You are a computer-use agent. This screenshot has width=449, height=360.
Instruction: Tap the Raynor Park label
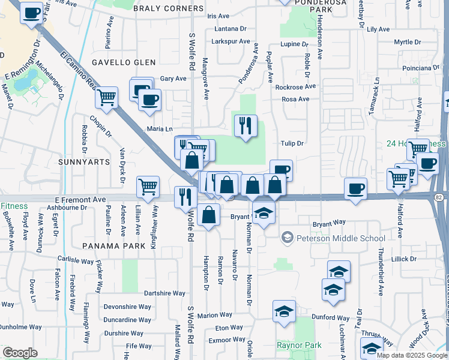coord(298,345)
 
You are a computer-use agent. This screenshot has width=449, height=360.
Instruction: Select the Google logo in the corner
coord(20,352)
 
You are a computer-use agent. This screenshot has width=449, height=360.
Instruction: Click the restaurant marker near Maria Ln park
coord(245,126)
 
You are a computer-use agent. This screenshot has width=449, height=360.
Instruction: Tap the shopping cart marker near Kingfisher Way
coord(148,187)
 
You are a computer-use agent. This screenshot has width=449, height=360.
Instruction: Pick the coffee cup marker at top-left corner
coord(32,13)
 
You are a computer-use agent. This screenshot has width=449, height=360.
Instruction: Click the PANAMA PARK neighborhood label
coord(115,246)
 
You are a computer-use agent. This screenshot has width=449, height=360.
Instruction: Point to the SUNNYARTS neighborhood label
coord(85,162)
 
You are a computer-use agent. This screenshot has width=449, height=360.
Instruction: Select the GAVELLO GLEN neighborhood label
coord(124,62)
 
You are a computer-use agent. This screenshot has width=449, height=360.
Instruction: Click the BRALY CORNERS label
coord(168,9)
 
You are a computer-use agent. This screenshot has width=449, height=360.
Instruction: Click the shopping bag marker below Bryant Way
coord(208,215)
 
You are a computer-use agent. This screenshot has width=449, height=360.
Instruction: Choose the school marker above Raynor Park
coord(284,312)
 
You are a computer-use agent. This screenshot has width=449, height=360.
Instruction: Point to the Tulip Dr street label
coord(293,143)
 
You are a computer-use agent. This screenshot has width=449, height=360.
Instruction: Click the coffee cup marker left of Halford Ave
coord(355,188)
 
